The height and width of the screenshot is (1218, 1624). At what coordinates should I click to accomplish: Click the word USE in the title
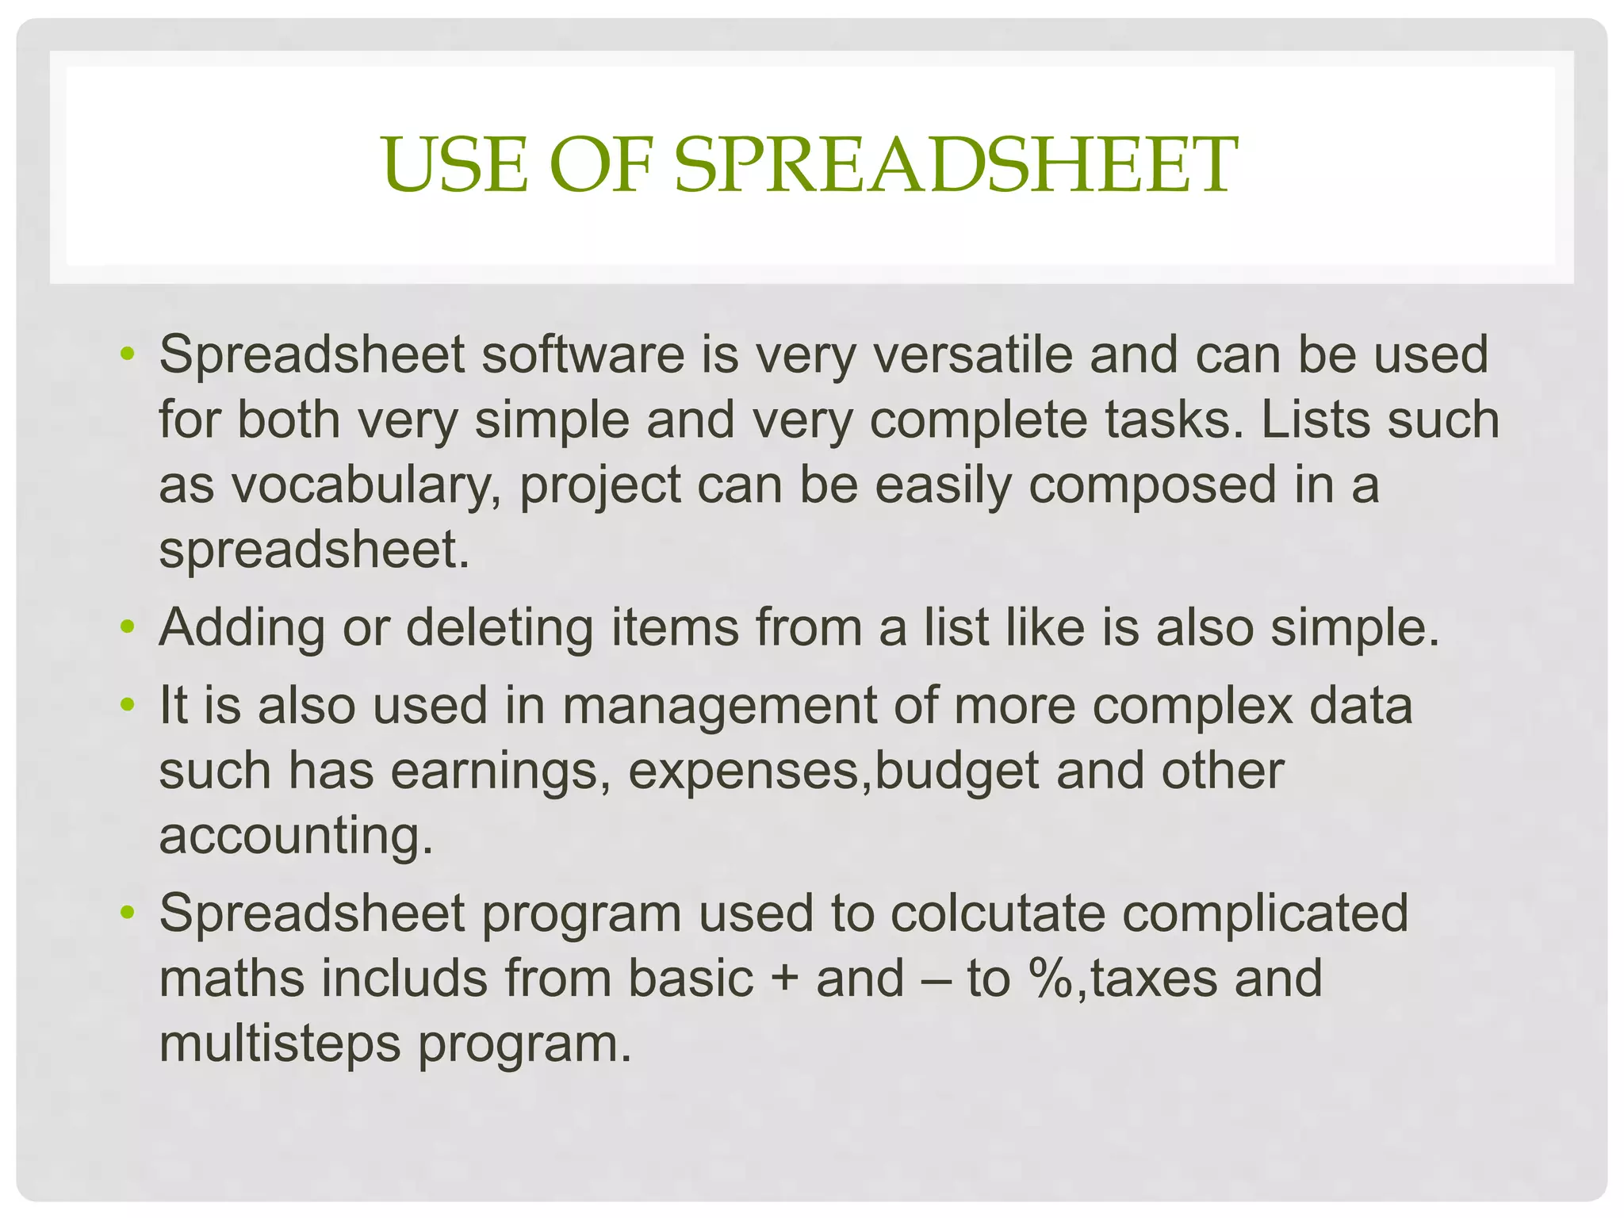pyautogui.click(x=454, y=165)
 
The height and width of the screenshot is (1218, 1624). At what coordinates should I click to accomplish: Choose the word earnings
pyautogui.click(x=500, y=771)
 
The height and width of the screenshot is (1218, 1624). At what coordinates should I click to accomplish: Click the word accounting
pyautogui.click(x=296, y=836)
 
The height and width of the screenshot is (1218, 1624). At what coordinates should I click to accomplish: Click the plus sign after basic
pyautogui.click(x=784, y=979)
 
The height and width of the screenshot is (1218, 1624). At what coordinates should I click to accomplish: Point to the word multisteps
pyautogui.click(x=280, y=1044)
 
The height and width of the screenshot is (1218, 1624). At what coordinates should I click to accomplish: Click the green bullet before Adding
pyautogui.click(x=128, y=628)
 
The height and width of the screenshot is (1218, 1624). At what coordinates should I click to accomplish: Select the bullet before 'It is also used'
pyautogui.click(x=128, y=706)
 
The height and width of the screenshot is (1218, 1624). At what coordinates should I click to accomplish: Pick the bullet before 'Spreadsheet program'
pyautogui.click(x=128, y=914)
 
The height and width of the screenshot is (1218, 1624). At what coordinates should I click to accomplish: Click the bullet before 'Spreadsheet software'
pyautogui.click(x=128, y=355)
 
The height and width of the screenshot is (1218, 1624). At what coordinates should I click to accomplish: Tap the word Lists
pyautogui.click(x=1309, y=419)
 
